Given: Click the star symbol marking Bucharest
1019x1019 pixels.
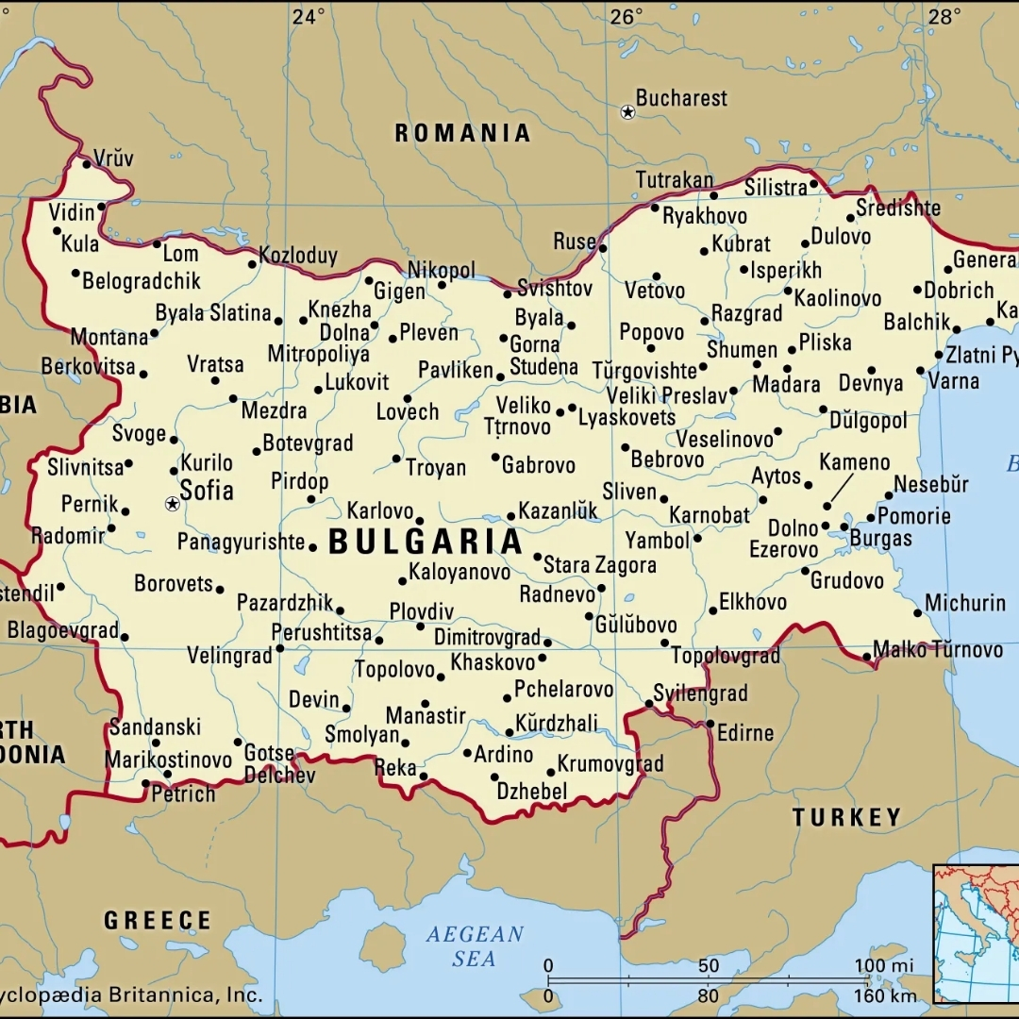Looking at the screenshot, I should (x=627, y=112).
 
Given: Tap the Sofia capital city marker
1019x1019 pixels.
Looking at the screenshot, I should (x=172, y=505).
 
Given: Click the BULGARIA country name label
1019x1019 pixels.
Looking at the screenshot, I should (x=426, y=543).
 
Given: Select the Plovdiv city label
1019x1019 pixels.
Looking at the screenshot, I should (x=422, y=610).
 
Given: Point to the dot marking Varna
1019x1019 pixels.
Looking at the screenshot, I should (x=920, y=371).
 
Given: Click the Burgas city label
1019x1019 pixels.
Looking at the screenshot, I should (x=881, y=539).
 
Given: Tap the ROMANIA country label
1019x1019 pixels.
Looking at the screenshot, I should (x=462, y=133).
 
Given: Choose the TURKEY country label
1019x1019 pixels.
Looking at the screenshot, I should (x=846, y=817).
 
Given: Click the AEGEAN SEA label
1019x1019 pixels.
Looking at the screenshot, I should (x=475, y=946).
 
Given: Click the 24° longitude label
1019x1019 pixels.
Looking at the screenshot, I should (x=308, y=16).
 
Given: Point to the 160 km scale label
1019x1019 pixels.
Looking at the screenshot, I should (x=884, y=996).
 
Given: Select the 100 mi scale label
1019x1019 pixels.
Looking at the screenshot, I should (x=884, y=965).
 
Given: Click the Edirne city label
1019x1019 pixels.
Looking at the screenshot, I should (x=745, y=732).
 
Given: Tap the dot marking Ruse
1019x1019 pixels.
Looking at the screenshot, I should (x=603, y=249).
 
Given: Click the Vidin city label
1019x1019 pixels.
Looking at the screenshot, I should (x=72, y=211).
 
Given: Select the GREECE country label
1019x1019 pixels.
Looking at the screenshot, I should (x=158, y=920).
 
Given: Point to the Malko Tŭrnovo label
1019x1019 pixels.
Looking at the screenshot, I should (x=938, y=649).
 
